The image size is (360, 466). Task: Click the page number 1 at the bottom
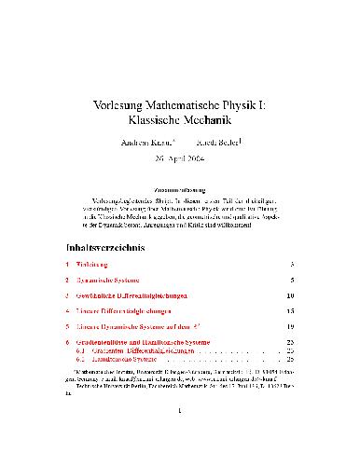(179, 433)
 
